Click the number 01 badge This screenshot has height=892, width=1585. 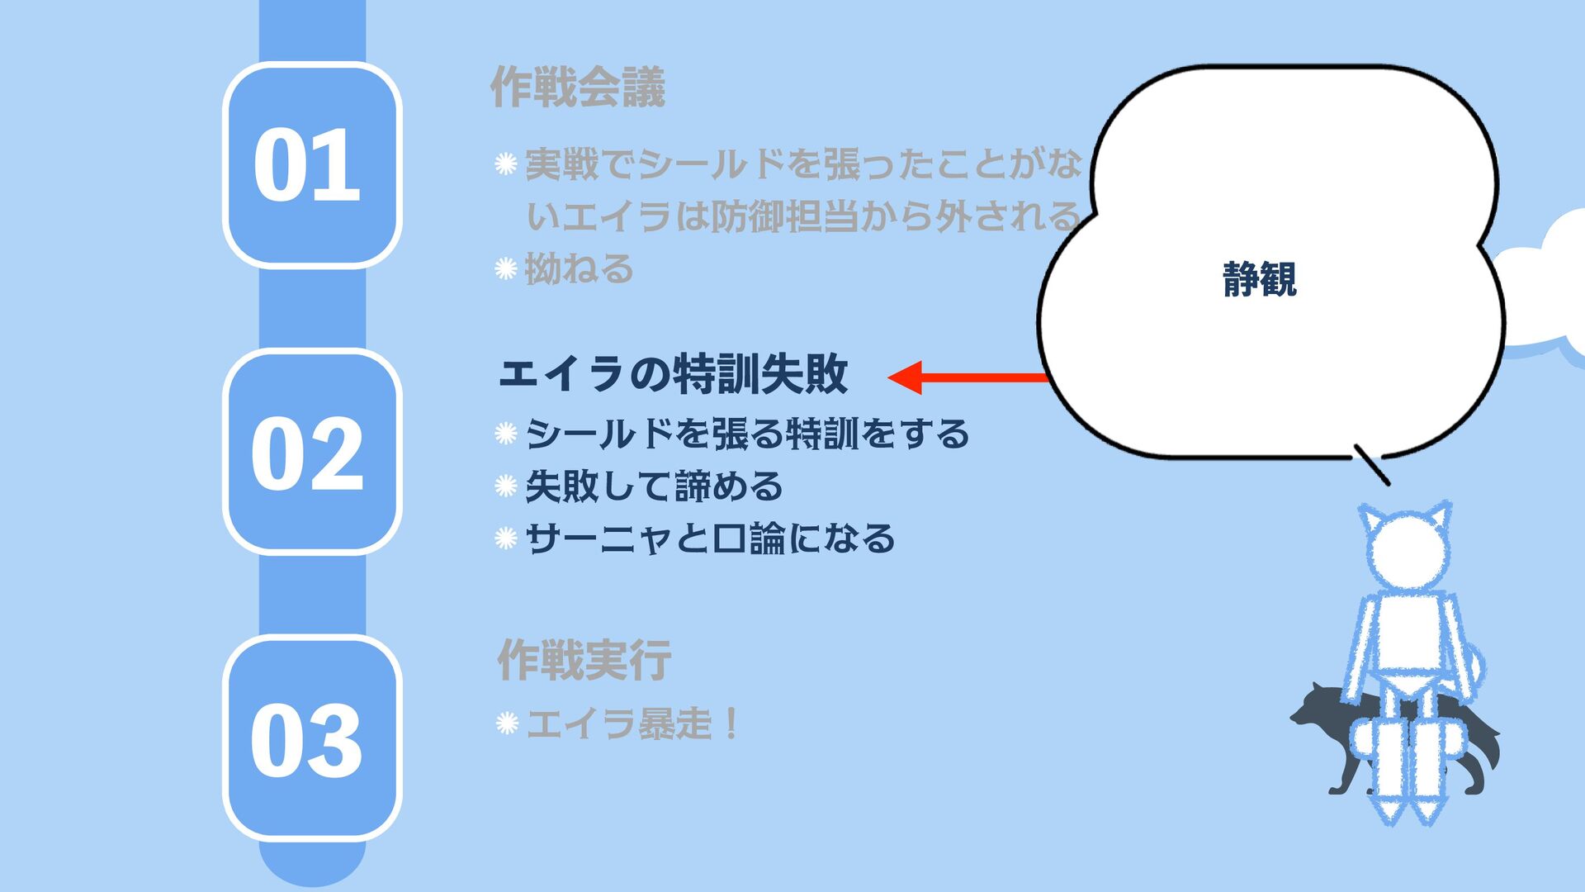pyautogui.click(x=311, y=164)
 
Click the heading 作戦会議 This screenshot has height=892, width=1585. pyautogui.click(x=577, y=88)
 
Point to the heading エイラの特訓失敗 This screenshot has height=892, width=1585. pyautogui.click(x=673, y=374)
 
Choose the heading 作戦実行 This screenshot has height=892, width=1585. pyautogui.click(x=584, y=660)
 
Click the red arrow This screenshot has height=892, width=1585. pyautogui.click(x=966, y=377)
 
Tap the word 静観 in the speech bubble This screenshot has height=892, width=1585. pyautogui.click(x=1259, y=279)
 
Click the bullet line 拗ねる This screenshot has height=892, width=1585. pyautogui.click(x=579, y=269)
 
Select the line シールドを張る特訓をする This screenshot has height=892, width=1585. pyautogui.click(x=747, y=434)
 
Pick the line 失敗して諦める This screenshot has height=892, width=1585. pyautogui.click(x=654, y=486)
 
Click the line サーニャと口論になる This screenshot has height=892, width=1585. pyautogui.click(x=710, y=539)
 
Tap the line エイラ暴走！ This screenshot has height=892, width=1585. pyautogui.click(x=632, y=724)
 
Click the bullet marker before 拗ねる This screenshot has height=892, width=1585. pyautogui.click(x=505, y=269)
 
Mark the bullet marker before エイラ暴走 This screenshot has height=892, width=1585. pyautogui.click(x=506, y=724)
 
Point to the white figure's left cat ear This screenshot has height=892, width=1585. pyautogui.click(x=1373, y=522)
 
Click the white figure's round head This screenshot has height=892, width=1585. pyautogui.click(x=1408, y=553)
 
